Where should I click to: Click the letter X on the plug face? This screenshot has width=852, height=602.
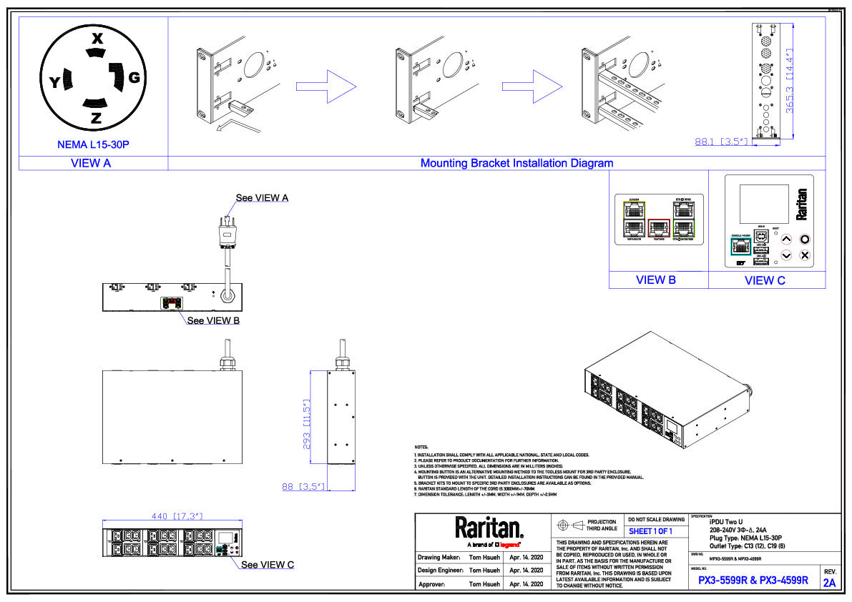point(97,39)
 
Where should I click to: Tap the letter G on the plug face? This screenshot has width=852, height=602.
point(134,77)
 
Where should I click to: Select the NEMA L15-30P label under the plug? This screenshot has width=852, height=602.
point(93,144)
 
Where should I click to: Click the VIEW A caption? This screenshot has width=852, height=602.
point(91,163)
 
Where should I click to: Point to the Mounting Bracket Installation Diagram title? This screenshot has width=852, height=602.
point(516,163)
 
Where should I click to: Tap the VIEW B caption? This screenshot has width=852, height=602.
point(656,280)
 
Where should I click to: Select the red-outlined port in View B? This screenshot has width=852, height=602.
point(659,228)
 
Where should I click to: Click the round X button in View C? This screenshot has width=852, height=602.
point(804,255)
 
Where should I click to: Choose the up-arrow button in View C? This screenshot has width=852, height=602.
point(785,240)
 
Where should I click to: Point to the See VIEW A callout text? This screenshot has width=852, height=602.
point(263,197)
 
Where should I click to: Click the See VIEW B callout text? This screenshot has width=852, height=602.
point(213,320)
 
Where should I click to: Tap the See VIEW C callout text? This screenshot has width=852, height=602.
point(268,565)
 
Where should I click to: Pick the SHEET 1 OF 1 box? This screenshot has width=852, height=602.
point(651,531)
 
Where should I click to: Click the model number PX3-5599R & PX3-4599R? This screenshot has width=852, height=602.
point(753,581)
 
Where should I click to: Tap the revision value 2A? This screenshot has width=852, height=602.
point(830,583)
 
